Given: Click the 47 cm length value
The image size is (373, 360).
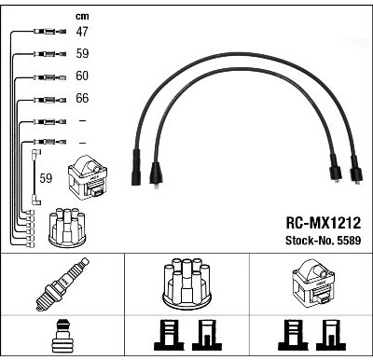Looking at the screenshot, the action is [x=82, y=32].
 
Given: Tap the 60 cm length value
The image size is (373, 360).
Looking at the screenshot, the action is [x=82, y=76].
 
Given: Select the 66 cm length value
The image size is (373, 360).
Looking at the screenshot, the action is [x=82, y=98].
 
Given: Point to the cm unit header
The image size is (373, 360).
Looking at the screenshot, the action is [x=82, y=16].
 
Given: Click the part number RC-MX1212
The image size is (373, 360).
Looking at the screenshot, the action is [x=324, y=223].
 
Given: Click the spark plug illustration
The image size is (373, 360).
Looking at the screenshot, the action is [x=62, y=284].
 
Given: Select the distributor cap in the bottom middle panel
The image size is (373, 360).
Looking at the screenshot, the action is [x=186, y=284].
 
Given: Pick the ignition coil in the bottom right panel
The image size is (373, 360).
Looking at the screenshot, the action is [x=314, y=284].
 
